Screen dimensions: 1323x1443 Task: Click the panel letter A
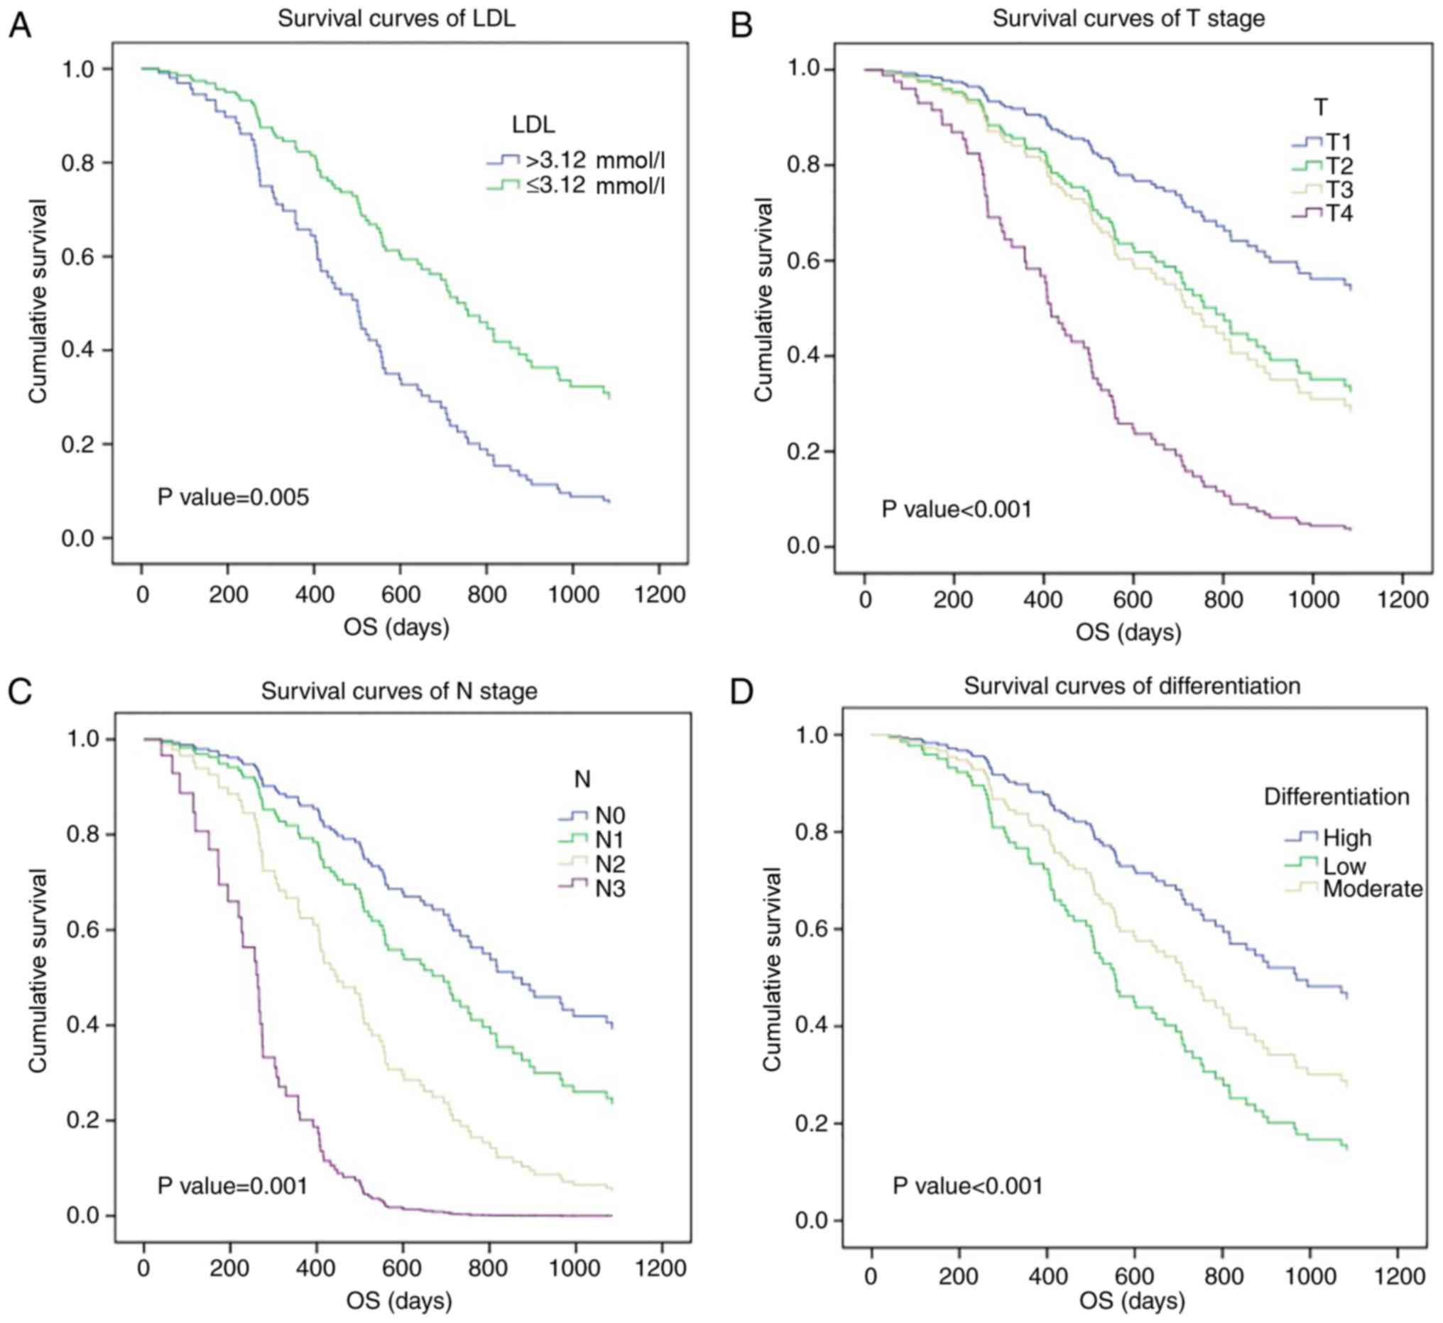coord(19,26)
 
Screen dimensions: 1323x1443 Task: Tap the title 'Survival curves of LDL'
coord(396,18)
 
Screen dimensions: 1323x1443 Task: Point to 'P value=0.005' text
coord(233,497)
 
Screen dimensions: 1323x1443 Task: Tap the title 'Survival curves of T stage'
coord(1128,18)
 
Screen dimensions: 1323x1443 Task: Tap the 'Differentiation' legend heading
coord(1336,797)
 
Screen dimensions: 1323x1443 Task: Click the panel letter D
coord(741,692)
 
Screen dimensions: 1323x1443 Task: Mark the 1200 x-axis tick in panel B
coord(1403,599)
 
